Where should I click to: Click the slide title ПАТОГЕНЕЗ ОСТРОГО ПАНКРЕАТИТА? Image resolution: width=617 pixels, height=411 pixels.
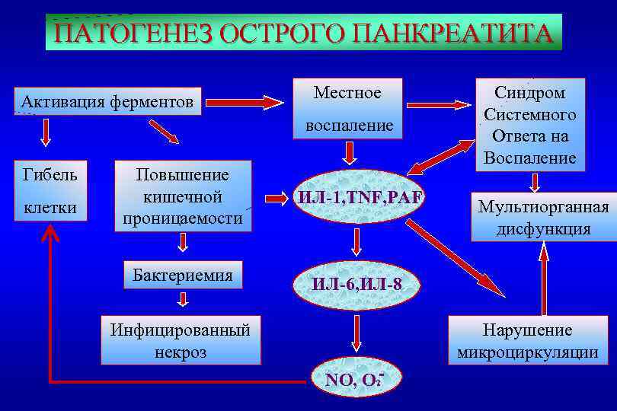(x=303, y=33)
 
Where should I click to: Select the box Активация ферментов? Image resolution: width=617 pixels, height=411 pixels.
(x=107, y=101)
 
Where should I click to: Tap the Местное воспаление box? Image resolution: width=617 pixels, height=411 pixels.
(x=349, y=109)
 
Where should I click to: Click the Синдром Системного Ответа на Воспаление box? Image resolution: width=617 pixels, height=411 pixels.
(x=530, y=126)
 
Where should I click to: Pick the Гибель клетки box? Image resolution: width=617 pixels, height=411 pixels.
(x=50, y=190)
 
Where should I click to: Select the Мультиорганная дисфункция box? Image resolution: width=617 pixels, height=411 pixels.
(x=543, y=218)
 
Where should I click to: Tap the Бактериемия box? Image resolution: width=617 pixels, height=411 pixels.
(x=182, y=275)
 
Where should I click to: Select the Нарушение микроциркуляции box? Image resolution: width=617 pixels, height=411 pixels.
(x=527, y=341)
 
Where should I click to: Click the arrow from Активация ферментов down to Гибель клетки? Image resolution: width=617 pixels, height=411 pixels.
(x=46, y=132)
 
